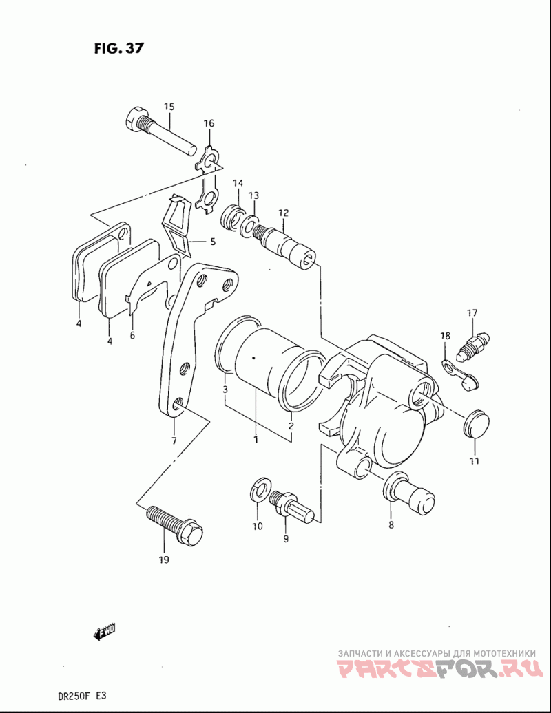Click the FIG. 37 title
click(x=118, y=48)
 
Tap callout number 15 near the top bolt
click(x=169, y=107)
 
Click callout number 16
click(x=209, y=123)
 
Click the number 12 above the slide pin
click(x=284, y=213)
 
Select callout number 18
click(x=445, y=336)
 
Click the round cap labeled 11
click(x=475, y=423)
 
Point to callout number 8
click(x=391, y=524)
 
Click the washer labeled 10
click(x=261, y=490)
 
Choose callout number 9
click(x=286, y=539)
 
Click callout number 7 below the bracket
click(x=174, y=440)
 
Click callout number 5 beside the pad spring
click(x=213, y=242)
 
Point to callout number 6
click(x=132, y=336)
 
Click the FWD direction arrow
click(x=104, y=631)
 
